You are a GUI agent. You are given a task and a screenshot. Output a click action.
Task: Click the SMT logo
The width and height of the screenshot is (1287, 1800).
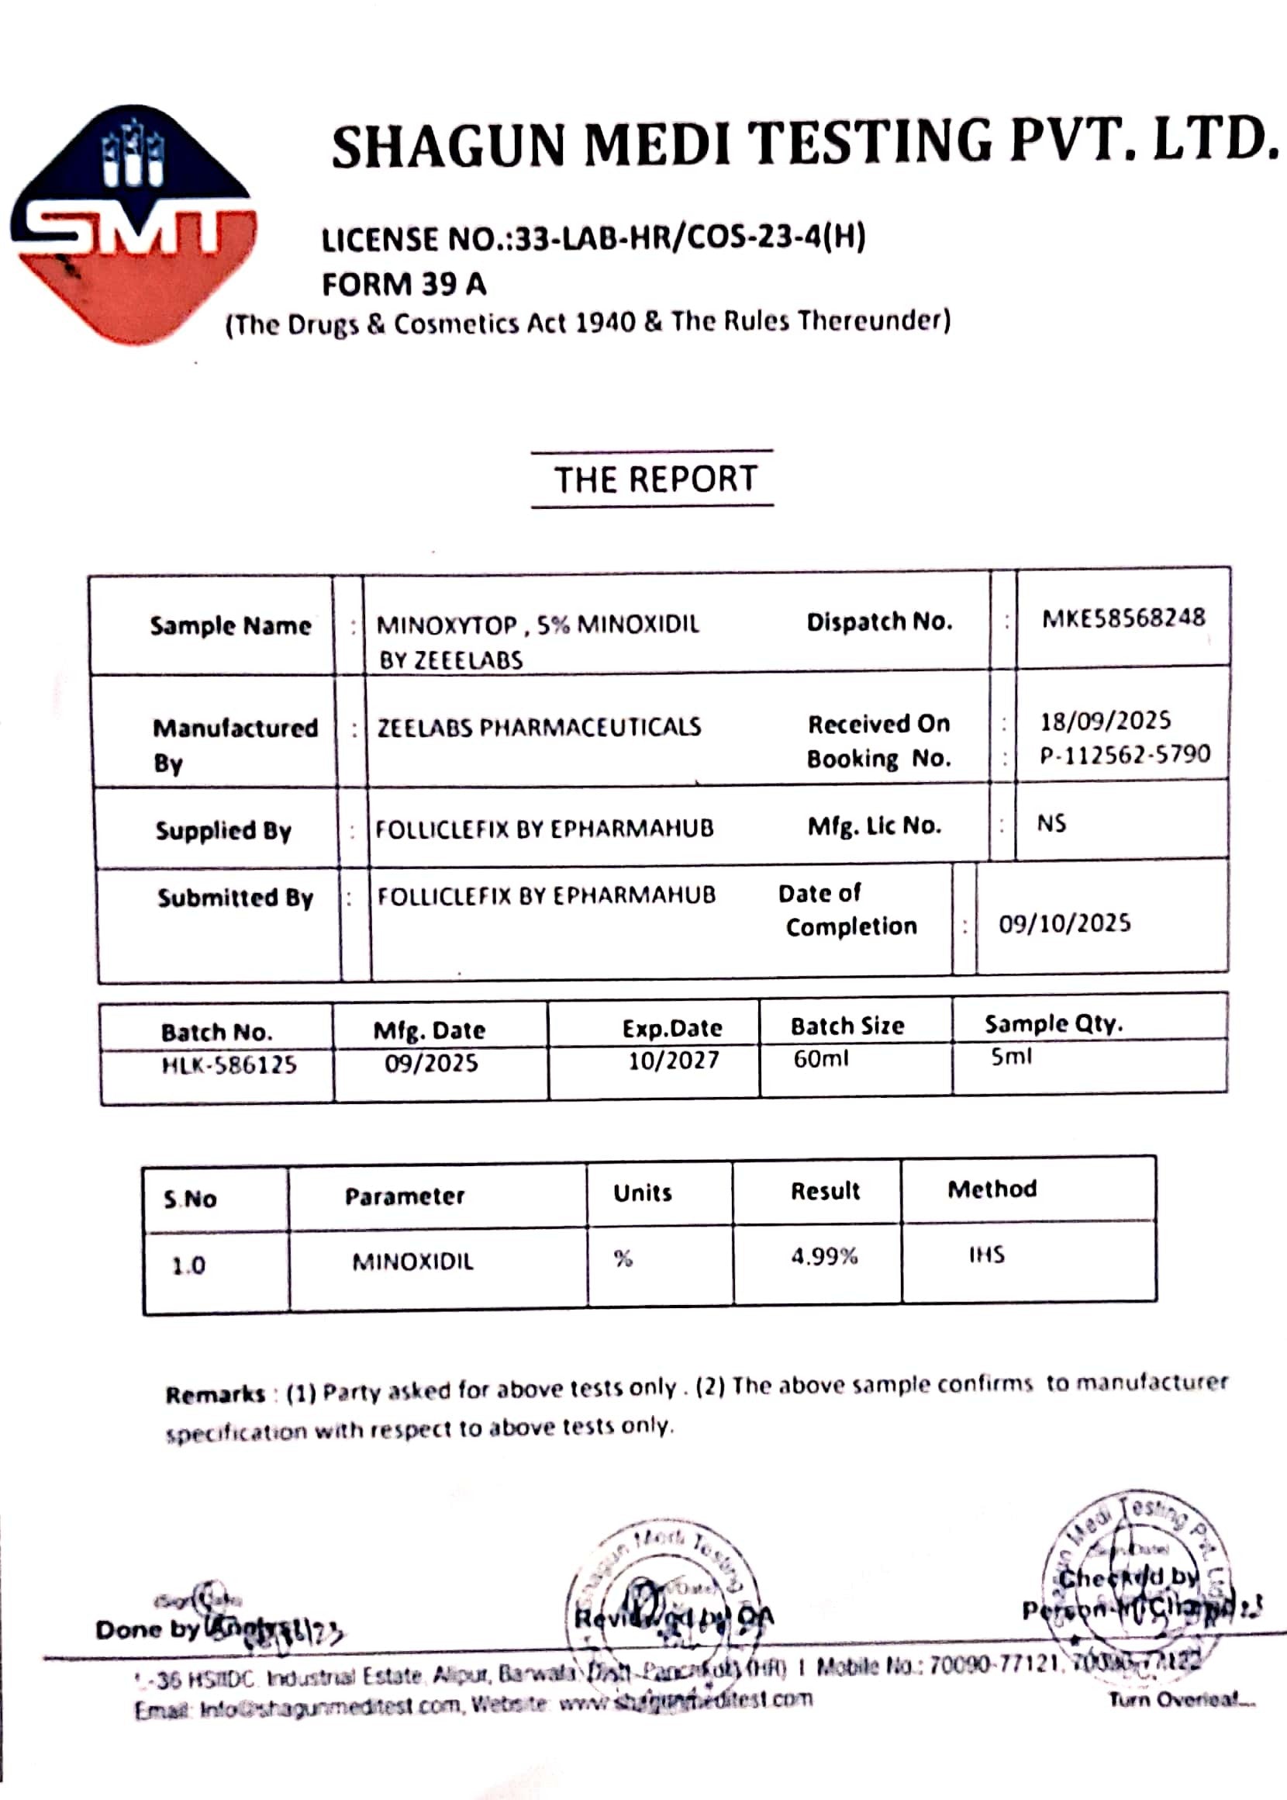click(133, 224)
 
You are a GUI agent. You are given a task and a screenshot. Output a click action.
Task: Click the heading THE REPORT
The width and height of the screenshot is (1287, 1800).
click(655, 479)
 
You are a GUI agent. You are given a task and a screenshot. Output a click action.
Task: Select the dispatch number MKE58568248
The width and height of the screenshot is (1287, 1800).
click(1123, 618)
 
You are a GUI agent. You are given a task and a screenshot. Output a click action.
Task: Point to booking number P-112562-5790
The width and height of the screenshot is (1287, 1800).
click(1124, 754)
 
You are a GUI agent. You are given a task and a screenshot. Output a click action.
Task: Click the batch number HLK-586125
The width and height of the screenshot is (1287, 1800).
click(229, 1064)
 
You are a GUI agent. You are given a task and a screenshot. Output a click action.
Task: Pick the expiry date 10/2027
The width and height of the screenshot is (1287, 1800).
click(674, 1061)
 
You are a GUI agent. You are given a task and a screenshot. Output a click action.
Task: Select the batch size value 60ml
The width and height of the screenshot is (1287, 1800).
click(820, 1058)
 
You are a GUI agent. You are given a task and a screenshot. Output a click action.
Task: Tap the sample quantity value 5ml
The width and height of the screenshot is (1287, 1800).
click(1011, 1057)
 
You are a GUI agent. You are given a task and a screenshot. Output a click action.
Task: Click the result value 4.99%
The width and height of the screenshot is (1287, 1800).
click(824, 1256)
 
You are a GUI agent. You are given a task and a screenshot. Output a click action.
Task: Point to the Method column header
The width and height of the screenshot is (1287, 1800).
click(992, 1189)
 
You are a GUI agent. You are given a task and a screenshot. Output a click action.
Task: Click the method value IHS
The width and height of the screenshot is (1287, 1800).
click(987, 1255)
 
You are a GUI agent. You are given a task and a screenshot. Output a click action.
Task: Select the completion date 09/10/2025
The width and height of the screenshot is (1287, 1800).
click(1064, 924)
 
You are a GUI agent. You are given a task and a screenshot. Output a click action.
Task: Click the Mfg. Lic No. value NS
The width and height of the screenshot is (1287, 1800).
click(1051, 824)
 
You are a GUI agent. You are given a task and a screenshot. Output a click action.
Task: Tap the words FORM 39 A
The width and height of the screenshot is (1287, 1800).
click(403, 285)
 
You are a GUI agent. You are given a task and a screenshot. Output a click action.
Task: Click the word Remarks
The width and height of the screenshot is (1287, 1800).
click(215, 1394)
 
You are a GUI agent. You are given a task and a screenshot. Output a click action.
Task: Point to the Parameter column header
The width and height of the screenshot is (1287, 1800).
click(404, 1196)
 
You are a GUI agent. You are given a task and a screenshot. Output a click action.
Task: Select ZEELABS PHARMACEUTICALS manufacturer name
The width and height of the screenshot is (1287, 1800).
click(539, 727)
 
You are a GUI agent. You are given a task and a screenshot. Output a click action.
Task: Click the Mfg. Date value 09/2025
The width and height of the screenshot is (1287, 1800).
click(431, 1064)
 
